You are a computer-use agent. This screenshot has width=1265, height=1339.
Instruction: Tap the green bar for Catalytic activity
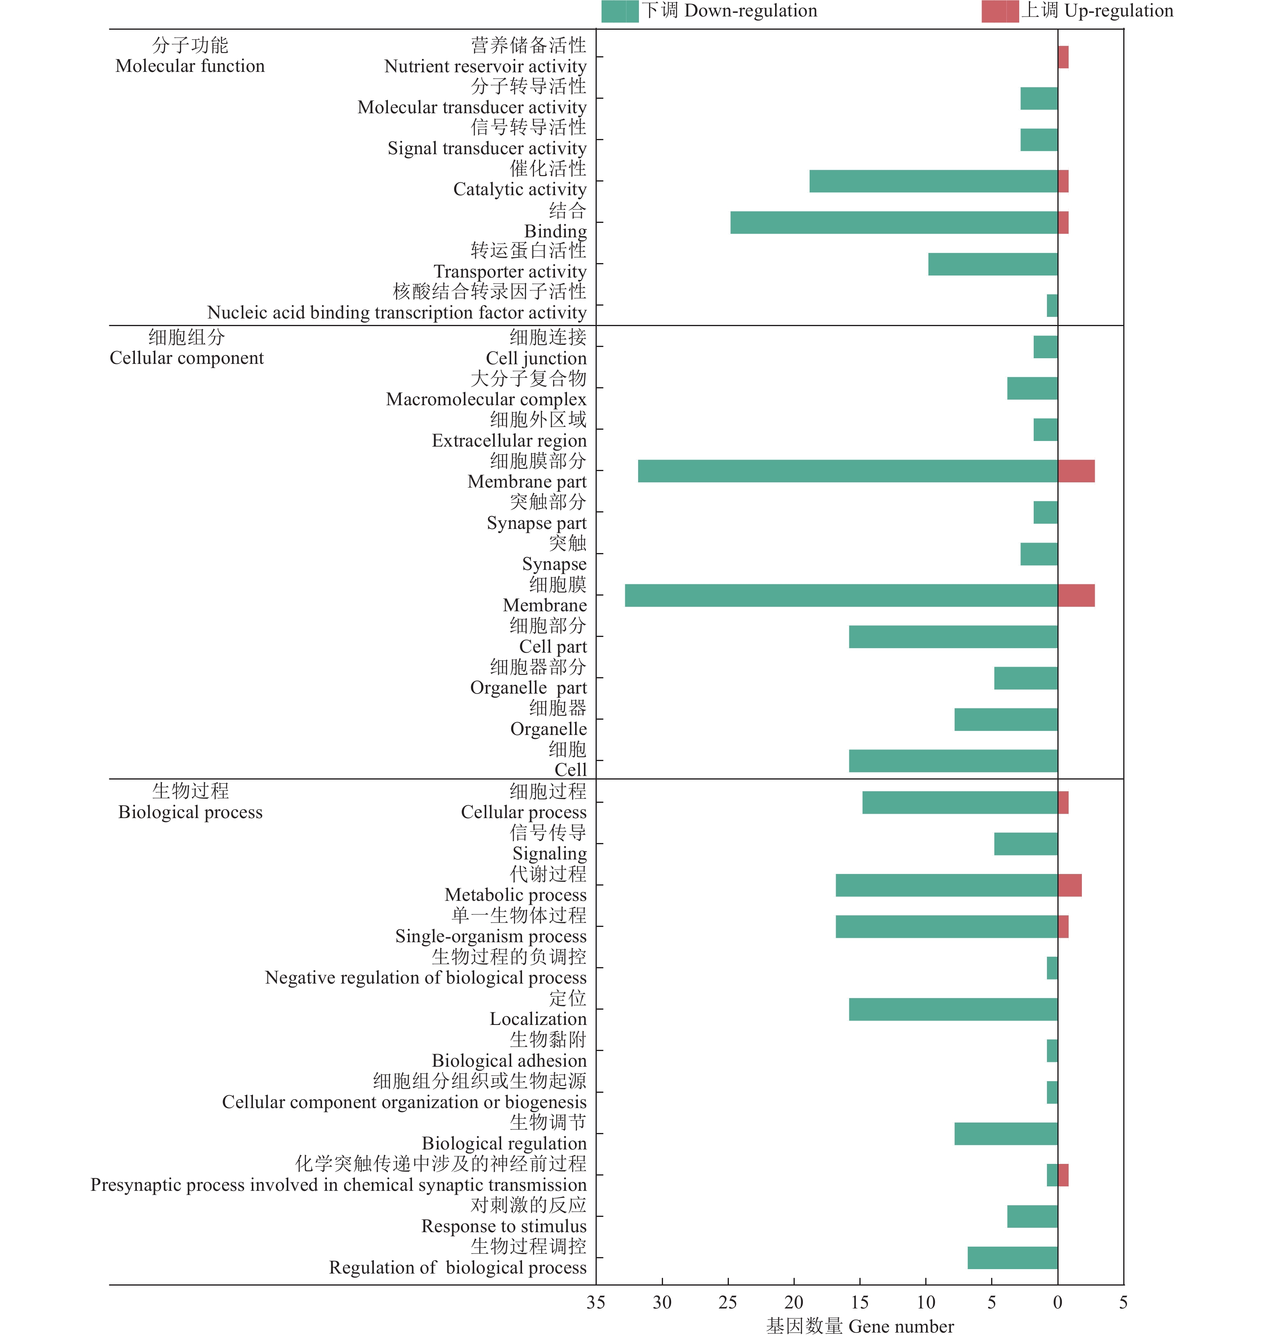[x=933, y=182]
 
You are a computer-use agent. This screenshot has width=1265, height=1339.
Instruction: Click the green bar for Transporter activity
[x=993, y=264]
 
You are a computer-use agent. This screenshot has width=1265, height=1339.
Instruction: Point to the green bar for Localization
[x=953, y=1009]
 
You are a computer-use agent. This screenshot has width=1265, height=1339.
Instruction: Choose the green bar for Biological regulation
[x=1006, y=1134]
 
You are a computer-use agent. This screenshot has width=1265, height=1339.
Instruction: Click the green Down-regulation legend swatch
[x=620, y=12]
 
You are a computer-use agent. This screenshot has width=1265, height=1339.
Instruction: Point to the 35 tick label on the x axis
[x=596, y=1302]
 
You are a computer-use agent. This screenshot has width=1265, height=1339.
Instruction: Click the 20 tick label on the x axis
[x=794, y=1302]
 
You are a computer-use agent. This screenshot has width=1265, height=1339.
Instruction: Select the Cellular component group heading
[x=187, y=348]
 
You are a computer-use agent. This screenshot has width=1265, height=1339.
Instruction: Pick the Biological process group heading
[x=190, y=802]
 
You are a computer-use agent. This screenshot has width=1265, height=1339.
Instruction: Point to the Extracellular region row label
[x=509, y=441]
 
